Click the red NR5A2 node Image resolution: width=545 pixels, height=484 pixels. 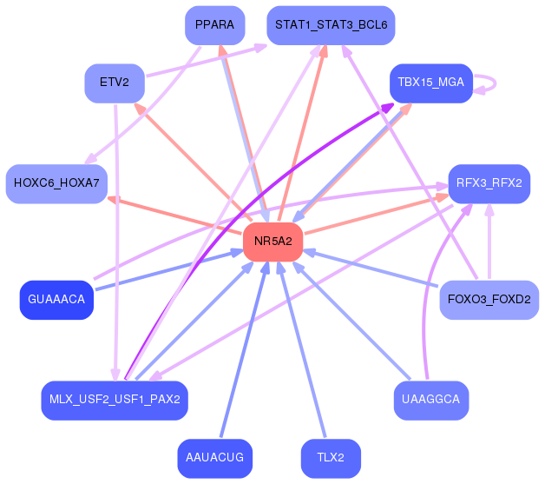point(273,242)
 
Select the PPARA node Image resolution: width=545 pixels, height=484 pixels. point(214,25)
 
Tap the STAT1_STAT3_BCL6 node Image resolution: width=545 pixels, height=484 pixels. point(331,25)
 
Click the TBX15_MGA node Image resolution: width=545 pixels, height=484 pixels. point(430,83)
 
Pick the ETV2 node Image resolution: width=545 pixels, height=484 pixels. point(114,83)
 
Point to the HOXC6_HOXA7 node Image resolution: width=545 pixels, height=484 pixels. point(56,183)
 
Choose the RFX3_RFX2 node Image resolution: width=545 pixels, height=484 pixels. point(489,183)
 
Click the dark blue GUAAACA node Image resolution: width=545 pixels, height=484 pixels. point(56,300)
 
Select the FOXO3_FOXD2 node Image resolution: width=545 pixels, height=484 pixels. point(489,300)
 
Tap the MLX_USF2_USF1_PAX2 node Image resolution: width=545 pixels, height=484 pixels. point(114,400)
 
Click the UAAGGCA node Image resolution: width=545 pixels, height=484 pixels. point(430,400)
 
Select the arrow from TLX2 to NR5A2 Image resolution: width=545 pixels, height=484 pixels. point(305,356)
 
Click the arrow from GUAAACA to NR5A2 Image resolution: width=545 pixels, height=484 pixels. point(165,271)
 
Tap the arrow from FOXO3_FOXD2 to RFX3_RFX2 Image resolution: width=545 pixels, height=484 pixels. point(489,243)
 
